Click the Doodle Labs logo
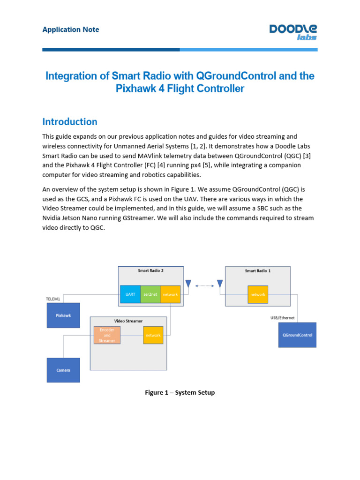(x=293, y=32)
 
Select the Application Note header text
(x=71, y=30)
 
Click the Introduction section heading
(x=70, y=122)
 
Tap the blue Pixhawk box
(x=63, y=315)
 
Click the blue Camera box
(x=63, y=370)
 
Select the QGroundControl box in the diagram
(x=297, y=335)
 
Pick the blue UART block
(x=130, y=294)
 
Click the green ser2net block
(x=150, y=294)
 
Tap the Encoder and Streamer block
(x=107, y=335)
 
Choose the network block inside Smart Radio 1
(x=258, y=294)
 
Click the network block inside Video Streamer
(x=153, y=335)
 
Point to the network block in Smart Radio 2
(x=170, y=294)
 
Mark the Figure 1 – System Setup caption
(x=180, y=392)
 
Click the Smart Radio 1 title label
(x=258, y=270)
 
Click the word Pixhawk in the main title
(x=135, y=89)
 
